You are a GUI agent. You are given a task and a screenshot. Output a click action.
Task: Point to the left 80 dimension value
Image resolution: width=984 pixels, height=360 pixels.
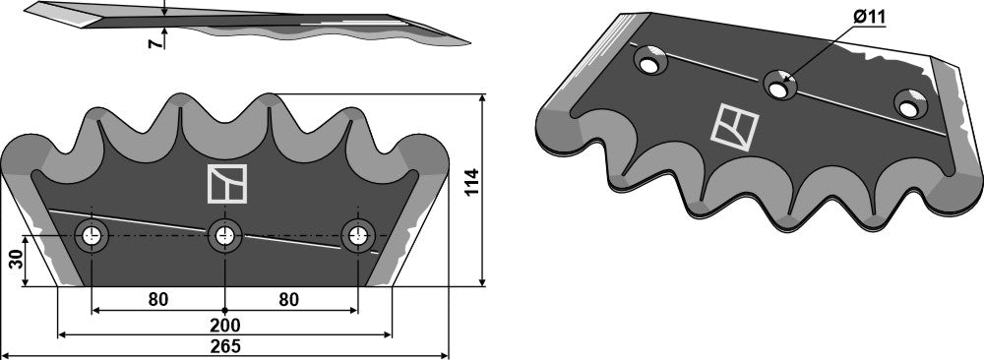158,298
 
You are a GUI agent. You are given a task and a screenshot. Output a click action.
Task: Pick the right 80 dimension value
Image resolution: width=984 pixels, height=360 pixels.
288,298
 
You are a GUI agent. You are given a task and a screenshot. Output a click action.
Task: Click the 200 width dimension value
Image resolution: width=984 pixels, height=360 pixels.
225,324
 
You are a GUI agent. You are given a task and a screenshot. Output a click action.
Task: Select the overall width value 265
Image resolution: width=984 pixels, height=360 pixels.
225,346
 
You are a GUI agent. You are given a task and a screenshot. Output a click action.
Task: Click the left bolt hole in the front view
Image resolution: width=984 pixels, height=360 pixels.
92,236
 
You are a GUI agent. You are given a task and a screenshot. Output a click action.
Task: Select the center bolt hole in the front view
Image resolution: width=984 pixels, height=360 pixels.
225,236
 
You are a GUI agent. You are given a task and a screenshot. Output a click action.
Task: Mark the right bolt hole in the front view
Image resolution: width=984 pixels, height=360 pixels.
357,236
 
